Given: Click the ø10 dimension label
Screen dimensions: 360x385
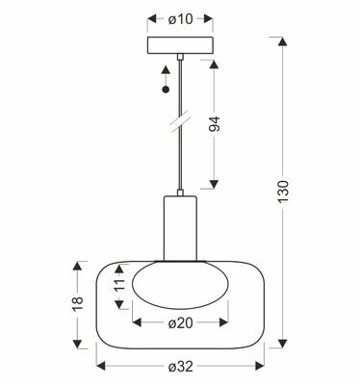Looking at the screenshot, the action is point(180,19).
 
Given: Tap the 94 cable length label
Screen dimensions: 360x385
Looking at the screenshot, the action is point(215,124).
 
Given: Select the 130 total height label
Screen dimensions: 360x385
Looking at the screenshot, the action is point(283,192).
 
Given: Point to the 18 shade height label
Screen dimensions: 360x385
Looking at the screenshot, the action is point(78,303).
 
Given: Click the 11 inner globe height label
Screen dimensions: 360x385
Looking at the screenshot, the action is point(119,284).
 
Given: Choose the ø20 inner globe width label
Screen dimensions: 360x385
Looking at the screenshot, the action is point(181,323).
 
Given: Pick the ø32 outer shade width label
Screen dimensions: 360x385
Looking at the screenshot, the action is point(181,367).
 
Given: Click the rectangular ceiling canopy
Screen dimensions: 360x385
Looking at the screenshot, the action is point(180,45).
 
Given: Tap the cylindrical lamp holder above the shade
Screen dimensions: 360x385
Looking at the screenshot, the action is point(180,228).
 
